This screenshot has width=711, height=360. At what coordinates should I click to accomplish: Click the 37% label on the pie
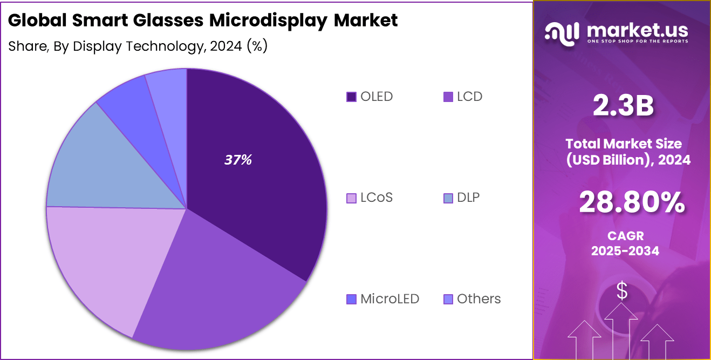[238, 160]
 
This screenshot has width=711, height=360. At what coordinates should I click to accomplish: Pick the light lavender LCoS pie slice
[102, 259]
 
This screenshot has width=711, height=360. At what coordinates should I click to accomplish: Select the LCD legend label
[469, 97]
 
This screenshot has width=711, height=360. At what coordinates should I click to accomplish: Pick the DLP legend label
[468, 198]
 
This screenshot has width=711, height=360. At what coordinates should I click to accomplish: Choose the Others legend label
[478, 299]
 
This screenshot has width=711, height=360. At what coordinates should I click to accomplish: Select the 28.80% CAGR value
[632, 203]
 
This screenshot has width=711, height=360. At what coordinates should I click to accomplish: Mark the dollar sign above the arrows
[622, 291]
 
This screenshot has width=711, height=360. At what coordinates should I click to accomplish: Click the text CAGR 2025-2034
[625, 243]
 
